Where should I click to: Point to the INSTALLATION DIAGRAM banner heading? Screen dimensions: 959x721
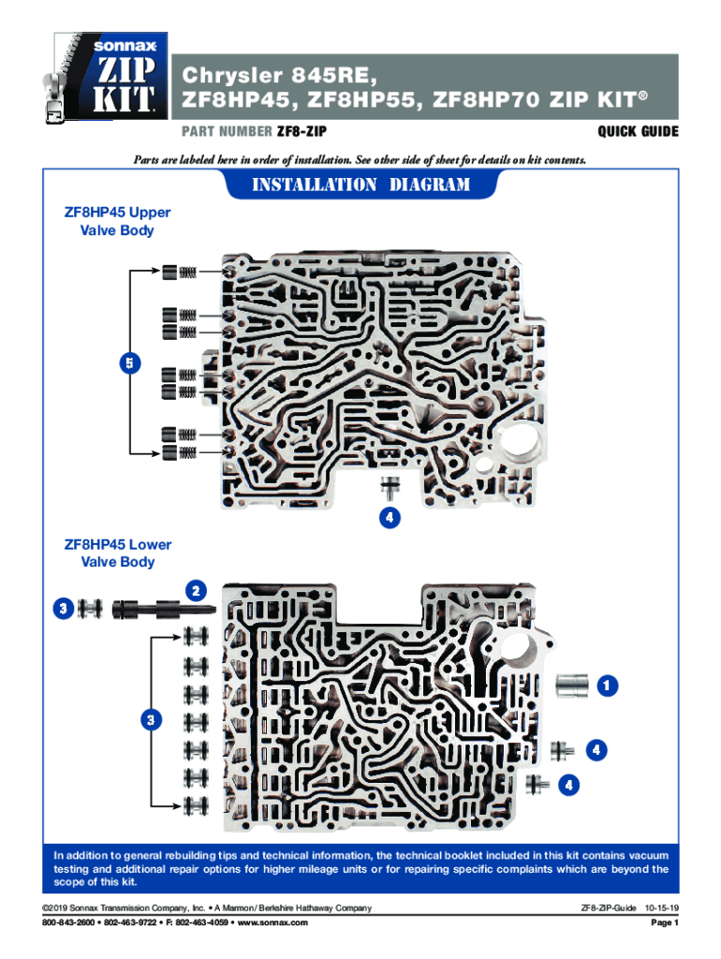pos(360,184)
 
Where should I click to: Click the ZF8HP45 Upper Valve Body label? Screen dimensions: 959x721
pos(117,221)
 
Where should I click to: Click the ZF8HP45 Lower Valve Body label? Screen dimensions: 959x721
pos(117,553)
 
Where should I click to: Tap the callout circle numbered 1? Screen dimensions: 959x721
pos(609,686)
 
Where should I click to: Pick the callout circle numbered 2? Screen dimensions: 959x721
pos(196,590)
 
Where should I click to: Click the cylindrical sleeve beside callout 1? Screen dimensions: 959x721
pos(571,686)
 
